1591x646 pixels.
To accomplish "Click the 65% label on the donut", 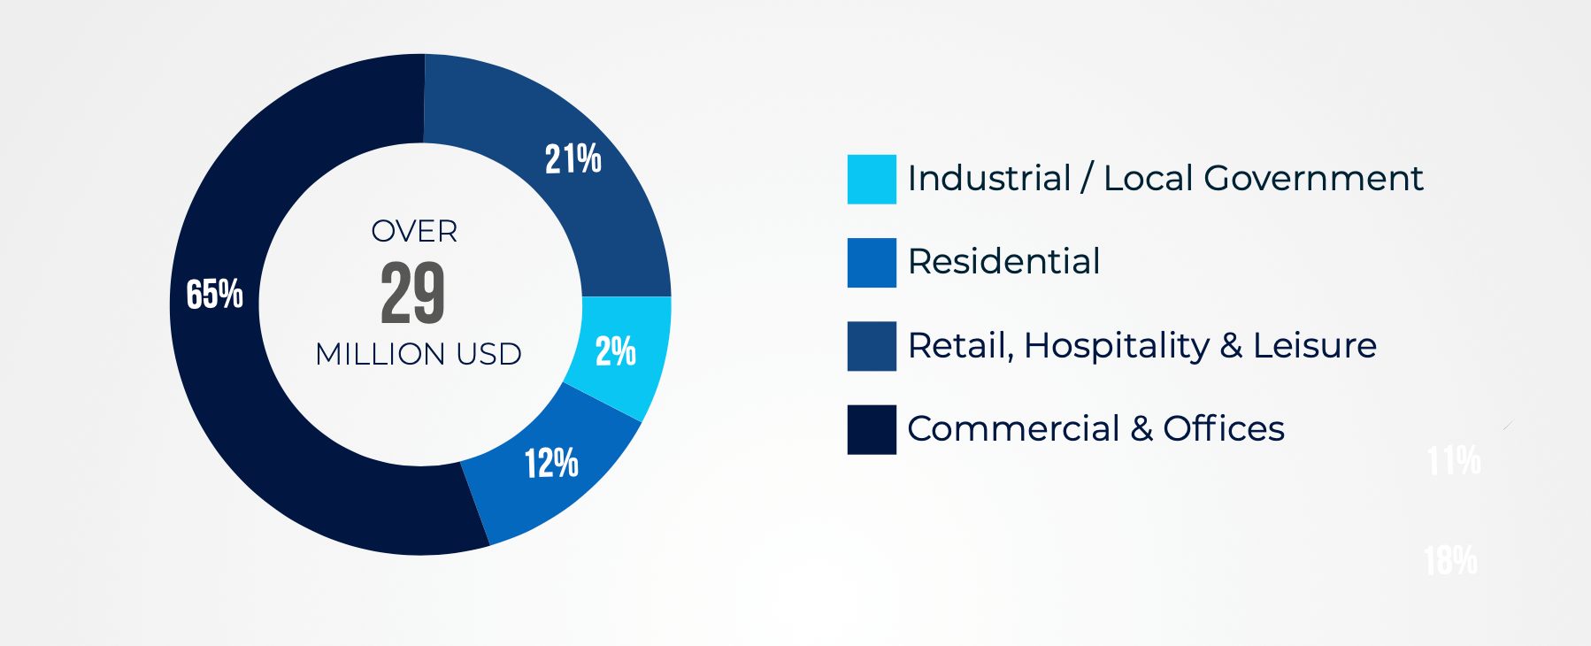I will (214, 295).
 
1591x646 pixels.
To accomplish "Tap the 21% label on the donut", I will (573, 159).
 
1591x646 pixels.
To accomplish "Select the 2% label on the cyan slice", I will (615, 351).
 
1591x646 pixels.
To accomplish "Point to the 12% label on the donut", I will (551, 463).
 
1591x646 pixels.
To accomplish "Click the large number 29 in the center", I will (412, 293).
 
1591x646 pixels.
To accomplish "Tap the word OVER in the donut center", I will (414, 232).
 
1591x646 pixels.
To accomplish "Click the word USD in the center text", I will (488, 355).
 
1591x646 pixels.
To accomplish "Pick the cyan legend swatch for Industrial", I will (872, 180).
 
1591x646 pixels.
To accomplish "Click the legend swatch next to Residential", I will (872, 263).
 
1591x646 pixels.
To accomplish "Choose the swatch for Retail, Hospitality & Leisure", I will (872, 346).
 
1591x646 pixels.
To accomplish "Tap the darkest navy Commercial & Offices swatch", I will (872, 430).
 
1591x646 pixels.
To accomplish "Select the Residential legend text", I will (1003, 262).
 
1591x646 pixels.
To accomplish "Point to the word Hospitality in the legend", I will (1117, 346).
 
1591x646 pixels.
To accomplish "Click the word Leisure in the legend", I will (1315, 345).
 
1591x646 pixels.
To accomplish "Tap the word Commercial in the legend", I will (1013, 429).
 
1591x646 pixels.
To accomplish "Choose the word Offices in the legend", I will (1223, 429).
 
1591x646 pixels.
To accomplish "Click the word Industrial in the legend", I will (989, 179).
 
